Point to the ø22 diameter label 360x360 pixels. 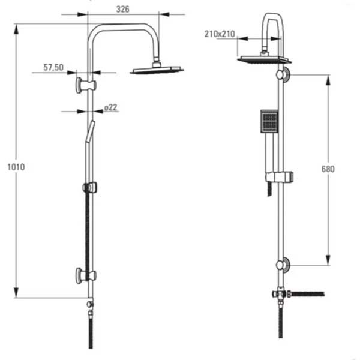(x=110, y=107)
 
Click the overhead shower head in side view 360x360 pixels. (x=157, y=69)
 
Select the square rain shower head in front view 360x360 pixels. (x=264, y=59)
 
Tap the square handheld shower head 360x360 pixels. (x=269, y=121)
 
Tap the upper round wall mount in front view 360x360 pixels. (x=282, y=75)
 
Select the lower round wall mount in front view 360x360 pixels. (x=282, y=265)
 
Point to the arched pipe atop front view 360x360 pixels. (x=271, y=21)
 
